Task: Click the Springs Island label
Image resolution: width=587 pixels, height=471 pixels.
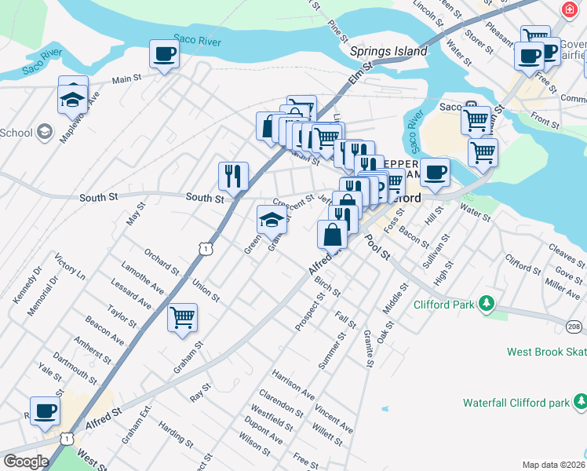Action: [x=388, y=52]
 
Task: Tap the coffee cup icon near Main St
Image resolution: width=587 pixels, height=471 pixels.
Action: [x=164, y=54]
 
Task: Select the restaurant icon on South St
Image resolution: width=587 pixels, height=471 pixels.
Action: [x=233, y=176]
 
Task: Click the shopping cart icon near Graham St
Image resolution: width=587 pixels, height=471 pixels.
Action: [x=182, y=318]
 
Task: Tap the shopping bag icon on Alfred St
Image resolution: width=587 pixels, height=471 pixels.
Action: [x=333, y=234]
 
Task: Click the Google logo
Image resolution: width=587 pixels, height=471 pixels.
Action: [x=25, y=462]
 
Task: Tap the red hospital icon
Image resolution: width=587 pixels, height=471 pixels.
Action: [x=570, y=9]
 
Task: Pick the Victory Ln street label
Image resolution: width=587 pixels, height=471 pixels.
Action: [x=70, y=267]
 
